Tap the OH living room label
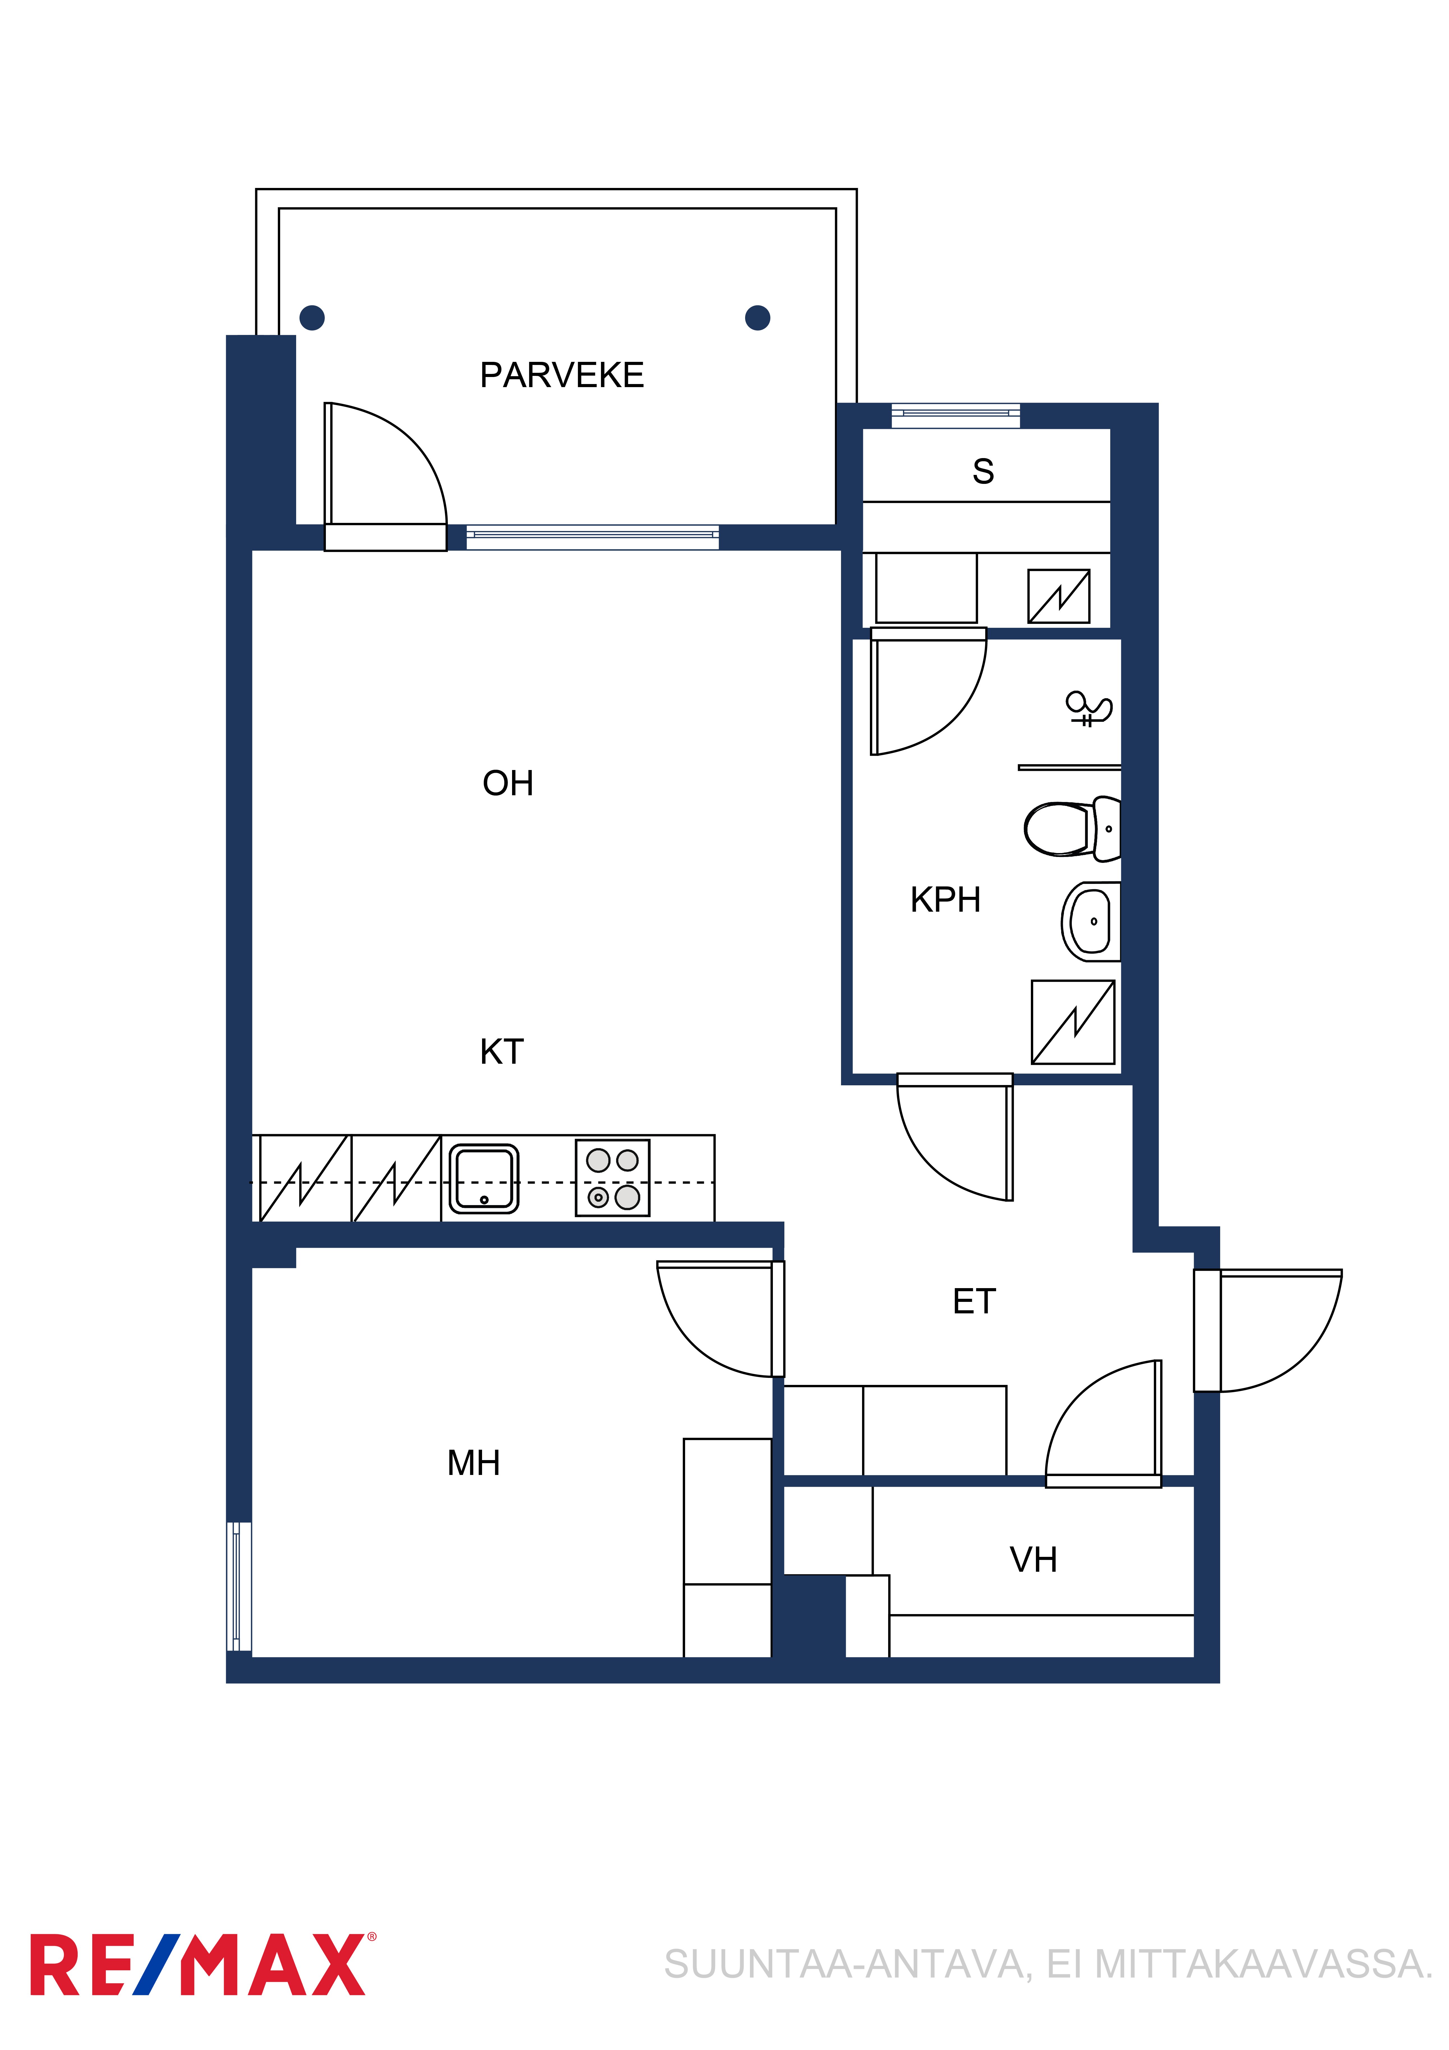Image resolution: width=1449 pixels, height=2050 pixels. click(508, 783)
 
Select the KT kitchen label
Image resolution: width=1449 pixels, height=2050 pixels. click(502, 1052)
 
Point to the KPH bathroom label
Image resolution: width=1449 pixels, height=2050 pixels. click(945, 900)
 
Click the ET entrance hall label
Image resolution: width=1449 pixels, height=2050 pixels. click(974, 1302)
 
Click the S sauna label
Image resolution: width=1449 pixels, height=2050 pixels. click(983, 470)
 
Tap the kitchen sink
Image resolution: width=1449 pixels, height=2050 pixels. click(484, 1178)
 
